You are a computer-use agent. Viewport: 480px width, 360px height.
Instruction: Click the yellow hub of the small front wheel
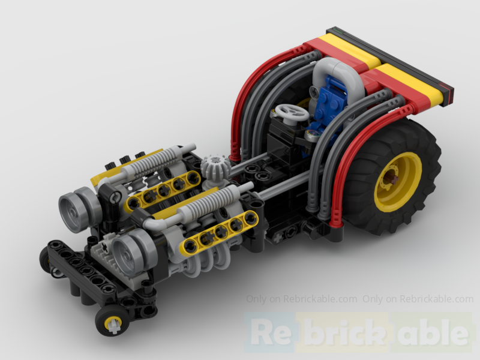[112, 325]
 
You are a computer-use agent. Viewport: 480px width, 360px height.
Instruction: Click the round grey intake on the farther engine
[74, 207]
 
